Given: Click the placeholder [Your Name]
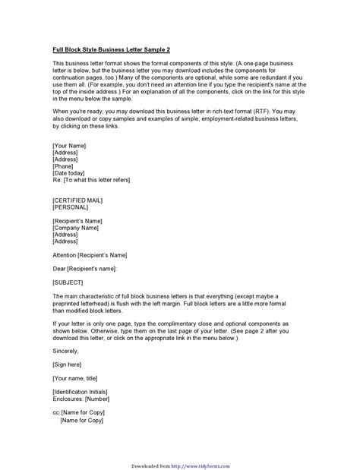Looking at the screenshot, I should point(69,145).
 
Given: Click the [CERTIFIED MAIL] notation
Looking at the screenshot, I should point(78,200).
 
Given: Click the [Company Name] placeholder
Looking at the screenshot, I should point(76,227).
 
